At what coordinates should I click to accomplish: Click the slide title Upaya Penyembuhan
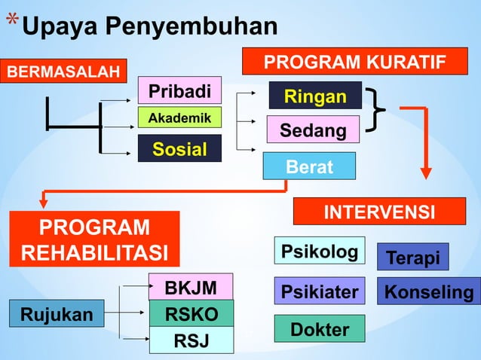tap(149, 26)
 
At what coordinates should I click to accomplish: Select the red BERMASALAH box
tap(63, 72)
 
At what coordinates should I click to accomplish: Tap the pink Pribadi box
tap(179, 91)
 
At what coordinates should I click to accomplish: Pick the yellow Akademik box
tap(179, 118)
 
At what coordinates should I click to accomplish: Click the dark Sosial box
tap(179, 148)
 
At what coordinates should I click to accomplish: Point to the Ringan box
tap(315, 96)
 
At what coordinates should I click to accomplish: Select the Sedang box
tap(314, 130)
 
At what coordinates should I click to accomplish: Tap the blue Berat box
tap(309, 166)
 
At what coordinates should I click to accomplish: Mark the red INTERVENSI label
tap(378, 212)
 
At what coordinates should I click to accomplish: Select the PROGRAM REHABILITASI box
tap(94, 239)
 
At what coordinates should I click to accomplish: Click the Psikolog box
tap(320, 251)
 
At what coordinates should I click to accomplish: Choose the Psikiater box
tap(320, 291)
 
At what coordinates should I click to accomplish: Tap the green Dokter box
tap(320, 329)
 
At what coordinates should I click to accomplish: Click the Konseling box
tap(429, 291)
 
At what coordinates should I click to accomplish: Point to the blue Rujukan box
tap(51, 313)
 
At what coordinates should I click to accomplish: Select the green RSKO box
tap(191, 313)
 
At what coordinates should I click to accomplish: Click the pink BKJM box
tap(191, 287)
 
